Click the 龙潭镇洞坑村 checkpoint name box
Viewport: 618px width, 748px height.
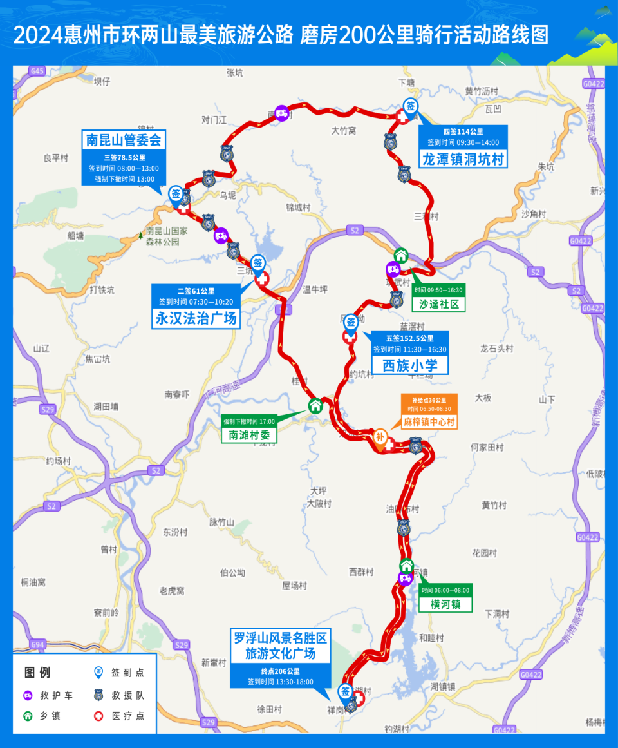coord(462,158)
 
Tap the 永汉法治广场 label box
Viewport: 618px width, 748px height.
coord(196,318)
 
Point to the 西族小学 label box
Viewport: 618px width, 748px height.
coord(410,365)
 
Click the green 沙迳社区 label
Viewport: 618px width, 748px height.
coord(439,303)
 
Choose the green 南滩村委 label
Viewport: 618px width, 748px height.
coord(249,436)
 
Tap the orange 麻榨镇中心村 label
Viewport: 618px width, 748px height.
coord(429,422)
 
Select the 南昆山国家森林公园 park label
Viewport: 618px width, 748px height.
coord(167,236)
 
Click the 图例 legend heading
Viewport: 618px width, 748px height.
coord(37,673)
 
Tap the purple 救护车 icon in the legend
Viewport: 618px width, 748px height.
coord(28,695)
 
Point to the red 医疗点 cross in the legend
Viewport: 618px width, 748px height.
coord(98,716)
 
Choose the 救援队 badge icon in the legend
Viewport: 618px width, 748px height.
coord(98,695)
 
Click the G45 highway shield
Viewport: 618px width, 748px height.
coord(37,71)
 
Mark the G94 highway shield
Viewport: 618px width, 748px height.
coord(38,644)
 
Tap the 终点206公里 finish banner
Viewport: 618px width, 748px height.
coord(280,671)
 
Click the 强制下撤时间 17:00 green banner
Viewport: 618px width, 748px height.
coord(249,421)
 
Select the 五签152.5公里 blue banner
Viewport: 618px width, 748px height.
coord(410,338)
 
